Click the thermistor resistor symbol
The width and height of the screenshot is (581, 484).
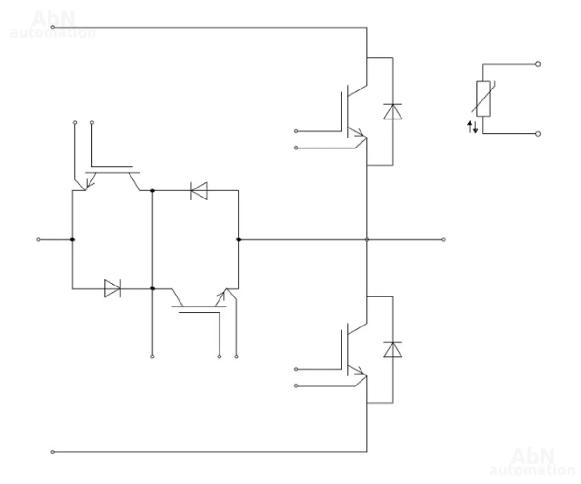pos(483,99)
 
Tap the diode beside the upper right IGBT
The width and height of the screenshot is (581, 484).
pos(392,111)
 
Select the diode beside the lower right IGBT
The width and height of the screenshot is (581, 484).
pos(392,349)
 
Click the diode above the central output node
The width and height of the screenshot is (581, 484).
pos(199,191)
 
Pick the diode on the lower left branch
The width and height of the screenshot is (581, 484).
pos(112,288)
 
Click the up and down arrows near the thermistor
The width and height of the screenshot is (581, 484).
pos(472,127)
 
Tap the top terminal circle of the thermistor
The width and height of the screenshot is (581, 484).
pos(538,64)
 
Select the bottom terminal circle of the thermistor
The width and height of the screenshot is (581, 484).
pos(538,134)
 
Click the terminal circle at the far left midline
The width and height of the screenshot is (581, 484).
pos(39,239)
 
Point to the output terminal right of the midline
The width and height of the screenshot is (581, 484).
pos(443,239)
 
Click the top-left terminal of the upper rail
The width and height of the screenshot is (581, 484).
pos(52,27)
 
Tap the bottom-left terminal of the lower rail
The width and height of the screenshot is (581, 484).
pos(52,452)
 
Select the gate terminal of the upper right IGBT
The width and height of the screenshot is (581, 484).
pos(296,131)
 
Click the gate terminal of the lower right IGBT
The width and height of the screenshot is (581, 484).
pos(296,369)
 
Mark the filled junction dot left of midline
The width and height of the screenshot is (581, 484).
pos(72,239)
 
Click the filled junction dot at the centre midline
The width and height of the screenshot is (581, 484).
pos(238,239)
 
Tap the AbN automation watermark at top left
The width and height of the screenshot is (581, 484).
pos(53,25)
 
